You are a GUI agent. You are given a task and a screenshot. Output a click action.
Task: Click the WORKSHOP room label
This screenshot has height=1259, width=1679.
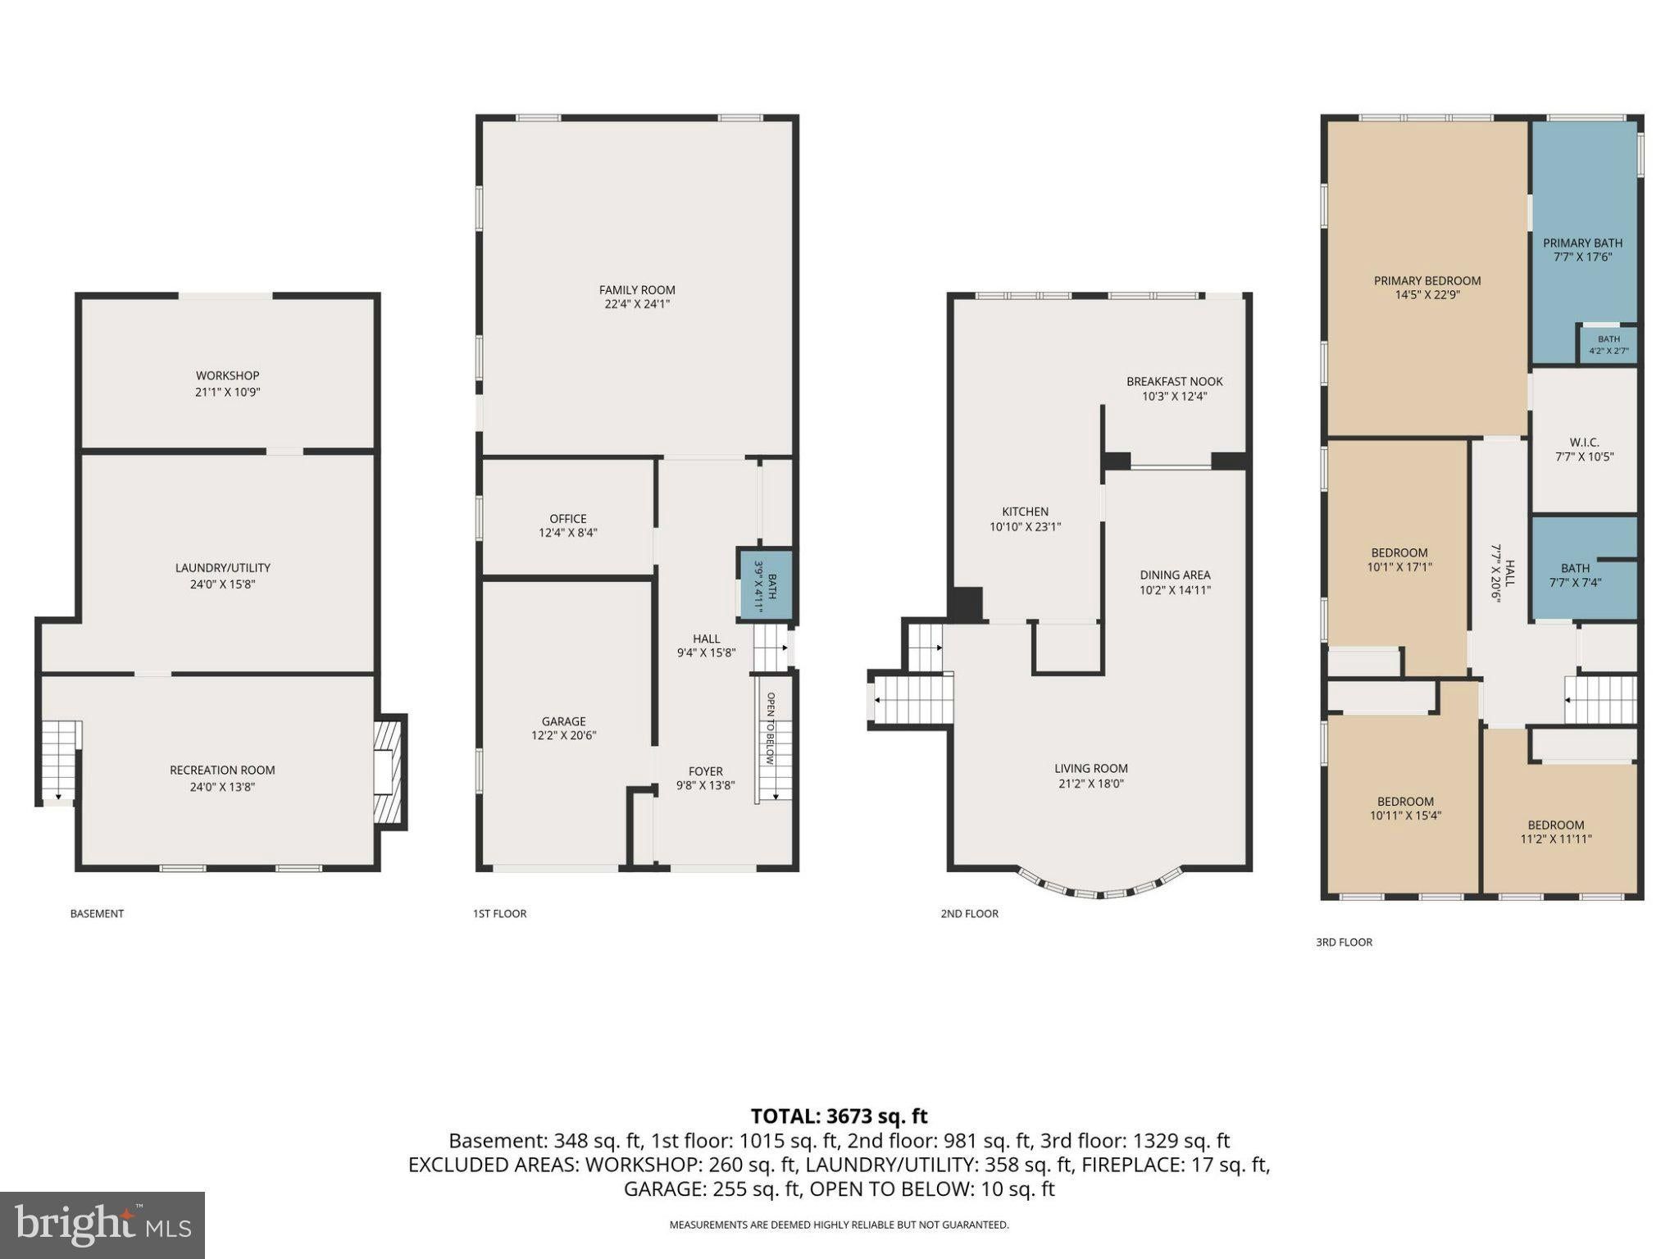pos(227,375)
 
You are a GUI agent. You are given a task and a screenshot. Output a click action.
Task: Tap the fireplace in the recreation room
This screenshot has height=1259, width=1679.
pos(389,772)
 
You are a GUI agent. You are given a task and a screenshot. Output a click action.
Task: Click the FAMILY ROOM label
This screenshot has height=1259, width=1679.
pos(637,289)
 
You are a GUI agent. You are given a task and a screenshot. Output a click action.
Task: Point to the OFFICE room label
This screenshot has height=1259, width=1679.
pos(568,518)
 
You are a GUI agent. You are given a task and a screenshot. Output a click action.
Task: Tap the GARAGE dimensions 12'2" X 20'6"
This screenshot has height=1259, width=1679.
pos(563,735)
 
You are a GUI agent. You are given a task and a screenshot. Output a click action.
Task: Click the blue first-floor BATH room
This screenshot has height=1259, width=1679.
pos(766,584)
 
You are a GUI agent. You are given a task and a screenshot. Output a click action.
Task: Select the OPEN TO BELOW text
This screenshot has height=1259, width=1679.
pos(771,729)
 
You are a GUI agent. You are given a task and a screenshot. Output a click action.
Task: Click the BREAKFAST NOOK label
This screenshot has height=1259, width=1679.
pos(1175,381)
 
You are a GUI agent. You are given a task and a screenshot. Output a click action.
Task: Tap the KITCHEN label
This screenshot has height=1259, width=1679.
pos(1025,511)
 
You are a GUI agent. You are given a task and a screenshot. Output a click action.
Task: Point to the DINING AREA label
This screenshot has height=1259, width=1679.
pos(1175,575)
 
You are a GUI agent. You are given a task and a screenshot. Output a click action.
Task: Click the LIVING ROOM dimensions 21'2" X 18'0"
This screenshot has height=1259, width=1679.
pos(1090,784)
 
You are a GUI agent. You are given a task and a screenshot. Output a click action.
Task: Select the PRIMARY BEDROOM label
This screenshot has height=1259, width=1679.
pos(1427,280)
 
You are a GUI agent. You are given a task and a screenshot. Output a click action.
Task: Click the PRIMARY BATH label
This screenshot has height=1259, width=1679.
pos(1582,243)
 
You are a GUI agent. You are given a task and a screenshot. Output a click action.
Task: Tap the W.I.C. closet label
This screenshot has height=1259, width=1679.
pos(1584,443)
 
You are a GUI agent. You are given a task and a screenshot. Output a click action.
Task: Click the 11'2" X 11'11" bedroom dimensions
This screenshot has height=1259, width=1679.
pos(1556,839)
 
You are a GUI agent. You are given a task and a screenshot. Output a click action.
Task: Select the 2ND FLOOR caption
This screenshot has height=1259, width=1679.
pos(969,914)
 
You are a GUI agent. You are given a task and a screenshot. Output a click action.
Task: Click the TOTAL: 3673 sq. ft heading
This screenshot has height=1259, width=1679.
pos(839,1116)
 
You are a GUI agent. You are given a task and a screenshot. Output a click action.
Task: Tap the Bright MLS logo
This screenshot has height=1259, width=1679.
pos(102,1225)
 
